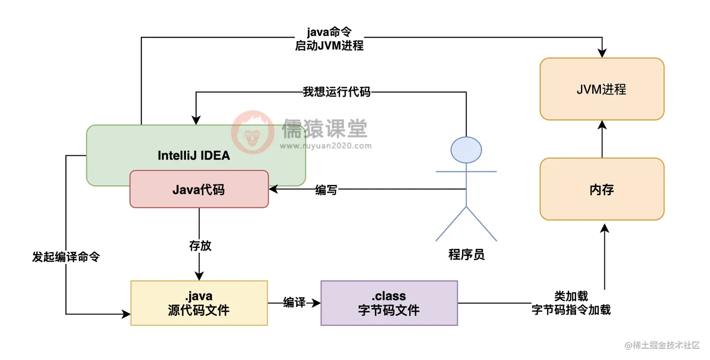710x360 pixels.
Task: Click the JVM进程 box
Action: (602, 89)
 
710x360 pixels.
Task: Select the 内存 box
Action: (602, 190)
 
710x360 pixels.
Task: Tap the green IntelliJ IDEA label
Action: (194, 156)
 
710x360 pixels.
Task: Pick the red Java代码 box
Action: (199, 189)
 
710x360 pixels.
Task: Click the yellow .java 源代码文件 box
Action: (199, 303)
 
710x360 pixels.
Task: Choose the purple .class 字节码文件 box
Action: (389, 303)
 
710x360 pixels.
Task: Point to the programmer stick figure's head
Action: (466, 150)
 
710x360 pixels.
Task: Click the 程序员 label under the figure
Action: (466, 255)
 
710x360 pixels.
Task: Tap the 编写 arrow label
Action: (326, 190)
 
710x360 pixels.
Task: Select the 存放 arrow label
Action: (200, 246)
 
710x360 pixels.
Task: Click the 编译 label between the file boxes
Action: (294, 303)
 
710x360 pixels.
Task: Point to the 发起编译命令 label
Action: (66, 257)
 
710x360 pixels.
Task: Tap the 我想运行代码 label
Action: (336, 92)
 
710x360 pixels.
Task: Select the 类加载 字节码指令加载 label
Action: (571, 303)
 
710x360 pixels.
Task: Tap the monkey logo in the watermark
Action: (253, 132)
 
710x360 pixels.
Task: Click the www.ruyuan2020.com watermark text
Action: (325, 146)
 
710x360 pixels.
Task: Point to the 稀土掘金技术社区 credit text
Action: (662, 345)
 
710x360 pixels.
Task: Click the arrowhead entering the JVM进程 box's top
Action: (602, 54)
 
